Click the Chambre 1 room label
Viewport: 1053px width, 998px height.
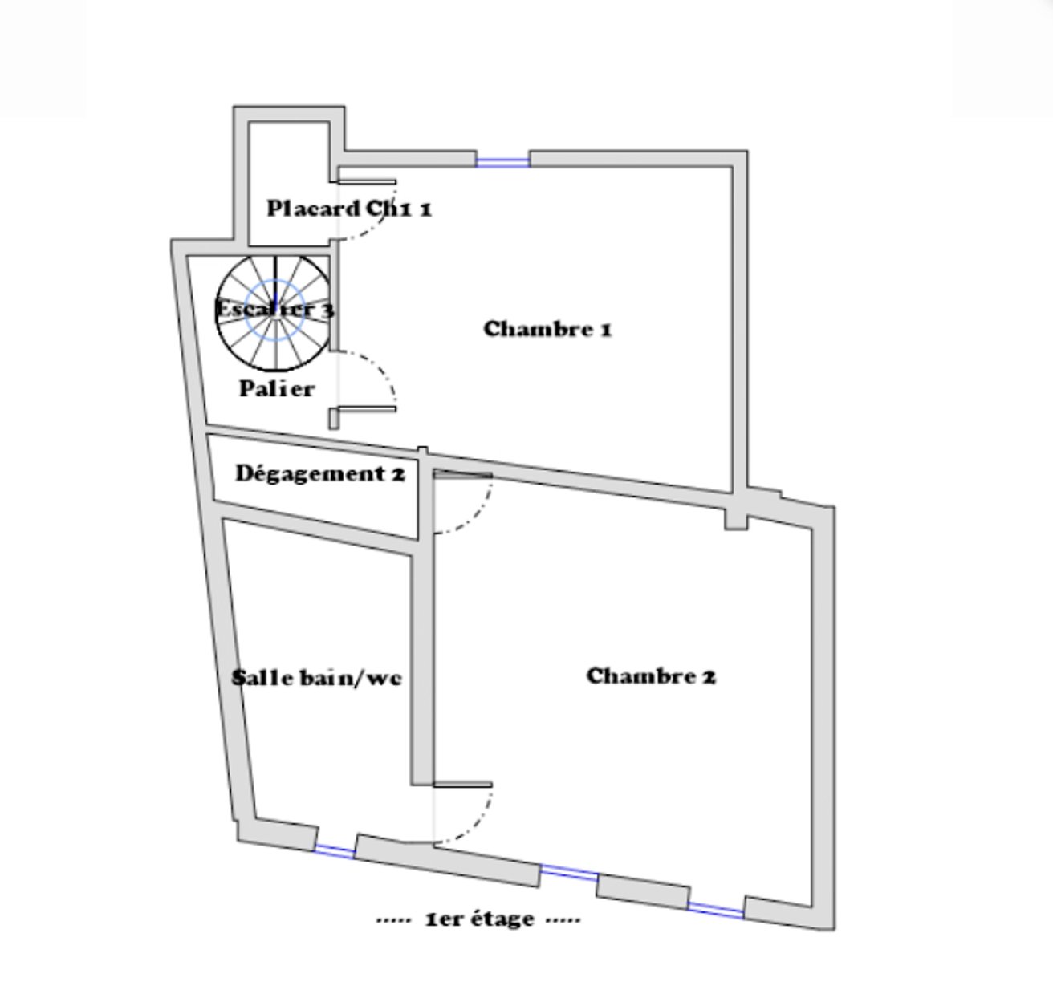(x=547, y=329)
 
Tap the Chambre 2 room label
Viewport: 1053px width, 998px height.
(x=651, y=676)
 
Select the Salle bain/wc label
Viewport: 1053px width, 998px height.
(x=316, y=678)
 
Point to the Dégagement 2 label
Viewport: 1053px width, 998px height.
(x=320, y=474)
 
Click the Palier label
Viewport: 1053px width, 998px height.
(x=276, y=389)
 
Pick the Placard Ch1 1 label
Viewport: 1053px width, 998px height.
(x=349, y=209)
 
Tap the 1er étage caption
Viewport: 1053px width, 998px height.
(x=480, y=919)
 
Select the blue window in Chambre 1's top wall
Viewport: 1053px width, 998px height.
(x=503, y=160)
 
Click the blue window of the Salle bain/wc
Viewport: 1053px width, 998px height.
(x=334, y=850)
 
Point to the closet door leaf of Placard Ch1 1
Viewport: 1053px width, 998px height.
(x=366, y=182)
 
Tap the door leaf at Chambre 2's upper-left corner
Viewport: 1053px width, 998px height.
(x=463, y=474)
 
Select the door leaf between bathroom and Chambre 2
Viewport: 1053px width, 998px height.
(x=462, y=785)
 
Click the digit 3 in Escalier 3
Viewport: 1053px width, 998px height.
(x=329, y=310)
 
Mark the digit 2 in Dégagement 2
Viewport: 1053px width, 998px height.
(x=399, y=474)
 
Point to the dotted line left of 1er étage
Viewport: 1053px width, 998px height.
(x=393, y=920)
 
